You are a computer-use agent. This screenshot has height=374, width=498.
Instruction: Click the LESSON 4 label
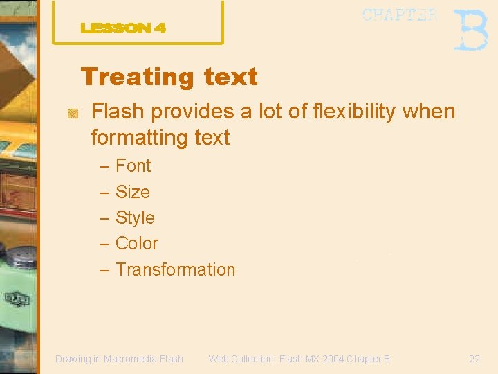point(123,28)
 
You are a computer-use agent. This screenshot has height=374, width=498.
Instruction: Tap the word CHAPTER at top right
point(400,15)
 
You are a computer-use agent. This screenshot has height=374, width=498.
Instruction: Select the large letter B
point(471,30)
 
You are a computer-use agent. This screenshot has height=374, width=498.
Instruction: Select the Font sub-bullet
point(133,166)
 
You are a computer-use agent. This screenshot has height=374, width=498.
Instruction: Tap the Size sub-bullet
point(132,192)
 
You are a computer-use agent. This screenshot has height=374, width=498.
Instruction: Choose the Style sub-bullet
point(135,217)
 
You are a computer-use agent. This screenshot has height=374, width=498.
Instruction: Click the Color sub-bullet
point(136,244)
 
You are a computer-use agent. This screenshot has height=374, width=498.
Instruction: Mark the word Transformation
point(175,269)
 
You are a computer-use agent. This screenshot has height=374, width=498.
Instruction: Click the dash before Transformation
point(104,270)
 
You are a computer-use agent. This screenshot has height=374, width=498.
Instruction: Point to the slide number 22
point(474,359)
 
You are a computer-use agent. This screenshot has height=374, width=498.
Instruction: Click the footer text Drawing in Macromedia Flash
point(119,359)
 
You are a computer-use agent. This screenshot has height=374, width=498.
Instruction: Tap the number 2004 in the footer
point(331,359)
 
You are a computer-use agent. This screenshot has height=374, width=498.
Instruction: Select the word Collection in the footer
point(250,359)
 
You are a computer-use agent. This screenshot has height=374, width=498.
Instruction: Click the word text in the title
point(230,77)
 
